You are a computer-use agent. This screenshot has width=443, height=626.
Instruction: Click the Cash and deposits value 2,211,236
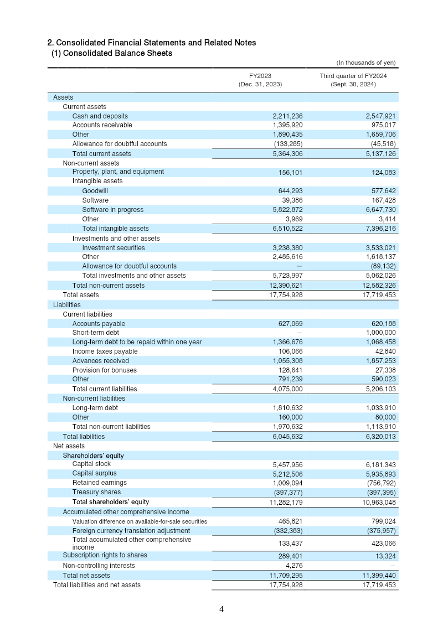(287, 116)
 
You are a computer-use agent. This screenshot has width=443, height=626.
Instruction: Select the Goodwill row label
(95, 191)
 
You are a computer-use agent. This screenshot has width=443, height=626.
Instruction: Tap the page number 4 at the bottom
(221, 609)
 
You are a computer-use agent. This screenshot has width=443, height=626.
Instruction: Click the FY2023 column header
(260, 75)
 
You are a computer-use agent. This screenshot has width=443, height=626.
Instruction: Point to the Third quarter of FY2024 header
(353, 75)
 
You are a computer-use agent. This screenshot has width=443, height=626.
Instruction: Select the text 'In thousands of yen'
(366, 63)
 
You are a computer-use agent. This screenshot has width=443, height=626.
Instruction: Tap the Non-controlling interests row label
(99, 566)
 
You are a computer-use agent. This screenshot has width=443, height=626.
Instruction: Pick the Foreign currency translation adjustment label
(131, 531)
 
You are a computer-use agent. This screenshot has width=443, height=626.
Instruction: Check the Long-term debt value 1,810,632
(287, 408)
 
